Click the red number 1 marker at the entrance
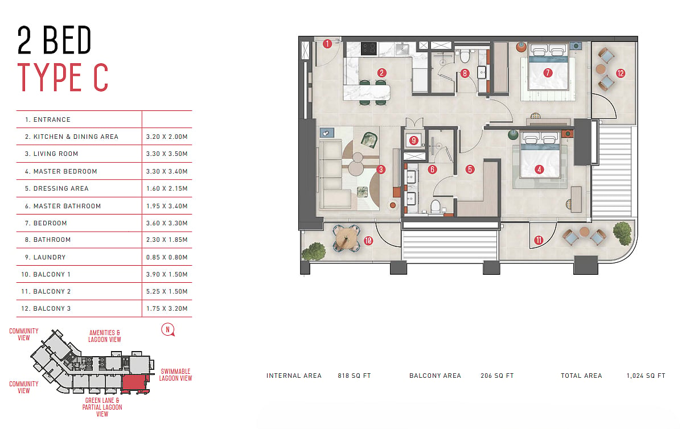click(x=327, y=44)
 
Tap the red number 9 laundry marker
click(x=414, y=141)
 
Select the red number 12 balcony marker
click(x=621, y=73)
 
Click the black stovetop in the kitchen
click(x=369, y=48)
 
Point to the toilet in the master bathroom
click(x=436, y=207)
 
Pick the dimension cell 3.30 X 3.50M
click(x=167, y=154)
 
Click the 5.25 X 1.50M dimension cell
click(x=167, y=291)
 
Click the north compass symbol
click(x=167, y=329)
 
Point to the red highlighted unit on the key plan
click(x=135, y=384)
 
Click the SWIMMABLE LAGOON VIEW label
click(x=175, y=375)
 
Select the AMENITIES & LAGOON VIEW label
click(x=105, y=336)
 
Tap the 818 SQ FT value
click(x=354, y=376)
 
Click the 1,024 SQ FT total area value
click(x=646, y=376)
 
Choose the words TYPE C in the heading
click(x=63, y=77)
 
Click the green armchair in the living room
click(x=369, y=140)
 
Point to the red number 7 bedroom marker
click(x=548, y=73)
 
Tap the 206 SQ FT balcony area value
click(x=497, y=376)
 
